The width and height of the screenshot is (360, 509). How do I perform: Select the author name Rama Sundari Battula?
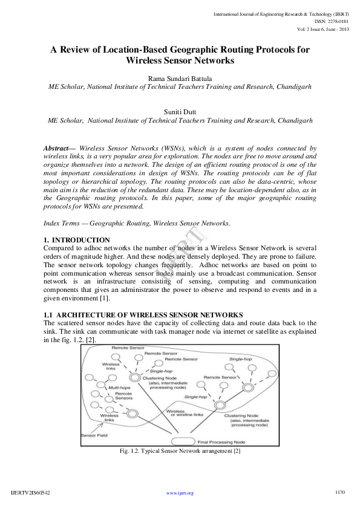[x=180, y=77]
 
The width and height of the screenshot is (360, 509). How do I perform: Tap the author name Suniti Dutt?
[x=180, y=111]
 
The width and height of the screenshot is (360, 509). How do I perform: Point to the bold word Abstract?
[x=56, y=148]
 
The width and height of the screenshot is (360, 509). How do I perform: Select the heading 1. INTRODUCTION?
[x=77, y=240]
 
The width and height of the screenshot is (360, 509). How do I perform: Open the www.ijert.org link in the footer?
[x=180, y=493]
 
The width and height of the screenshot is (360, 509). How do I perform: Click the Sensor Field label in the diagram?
[x=94, y=435]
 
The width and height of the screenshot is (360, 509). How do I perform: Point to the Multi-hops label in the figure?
[x=119, y=387]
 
